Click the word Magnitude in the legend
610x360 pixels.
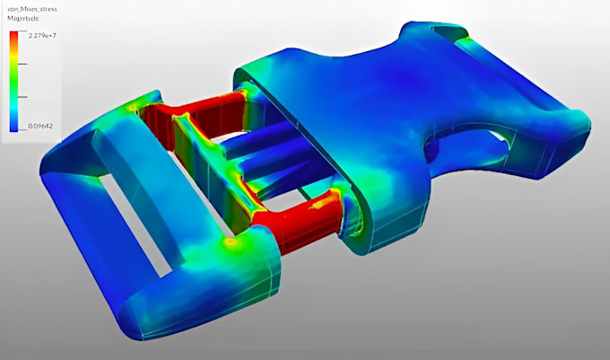pyautogui.click(x=23, y=19)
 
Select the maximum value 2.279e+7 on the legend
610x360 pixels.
pyautogui.click(x=42, y=35)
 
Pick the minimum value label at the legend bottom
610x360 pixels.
pyautogui.click(x=40, y=126)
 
